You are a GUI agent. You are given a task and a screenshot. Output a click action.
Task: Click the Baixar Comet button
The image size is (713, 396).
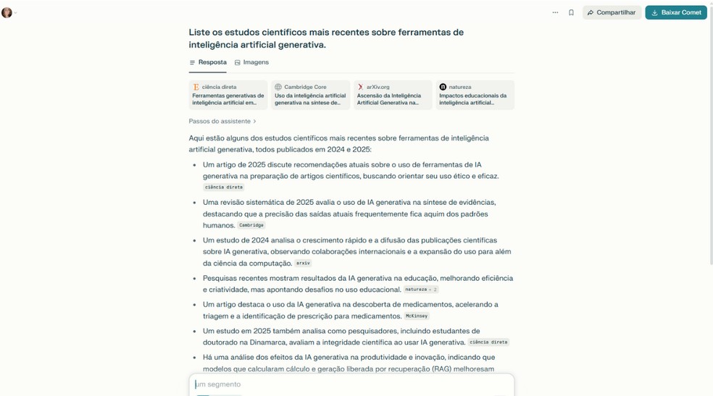[x=676, y=12]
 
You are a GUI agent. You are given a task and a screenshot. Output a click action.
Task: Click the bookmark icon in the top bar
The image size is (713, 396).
[x=571, y=12]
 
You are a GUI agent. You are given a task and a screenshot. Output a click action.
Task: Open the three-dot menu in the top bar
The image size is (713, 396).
[x=555, y=12]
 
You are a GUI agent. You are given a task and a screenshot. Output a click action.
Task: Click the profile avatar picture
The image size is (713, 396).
[x=7, y=12]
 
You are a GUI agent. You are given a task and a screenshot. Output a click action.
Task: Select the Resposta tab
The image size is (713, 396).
[x=208, y=62]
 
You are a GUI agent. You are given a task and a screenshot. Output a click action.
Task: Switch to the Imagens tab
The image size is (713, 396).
[x=251, y=62]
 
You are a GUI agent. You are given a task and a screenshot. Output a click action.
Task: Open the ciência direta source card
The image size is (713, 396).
[x=228, y=95]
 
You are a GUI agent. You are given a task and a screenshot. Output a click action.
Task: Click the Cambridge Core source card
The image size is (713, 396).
[x=310, y=95]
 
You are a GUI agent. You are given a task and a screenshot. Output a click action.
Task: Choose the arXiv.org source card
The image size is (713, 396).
[x=393, y=95]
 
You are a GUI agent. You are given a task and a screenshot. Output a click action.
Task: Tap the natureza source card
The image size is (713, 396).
[x=475, y=95]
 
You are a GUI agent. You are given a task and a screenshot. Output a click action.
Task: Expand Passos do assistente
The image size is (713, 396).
[x=222, y=121]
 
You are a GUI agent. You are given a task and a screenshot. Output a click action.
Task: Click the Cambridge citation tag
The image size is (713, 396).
[x=251, y=225]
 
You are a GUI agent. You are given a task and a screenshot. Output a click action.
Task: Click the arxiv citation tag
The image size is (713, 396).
[x=303, y=263]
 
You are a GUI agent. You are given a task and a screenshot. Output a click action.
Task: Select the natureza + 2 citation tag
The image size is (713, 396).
[x=420, y=289]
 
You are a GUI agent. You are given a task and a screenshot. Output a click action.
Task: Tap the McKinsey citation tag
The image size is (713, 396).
[x=417, y=316]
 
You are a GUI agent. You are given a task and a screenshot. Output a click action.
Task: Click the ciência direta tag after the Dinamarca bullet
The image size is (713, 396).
[x=488, y=342]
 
